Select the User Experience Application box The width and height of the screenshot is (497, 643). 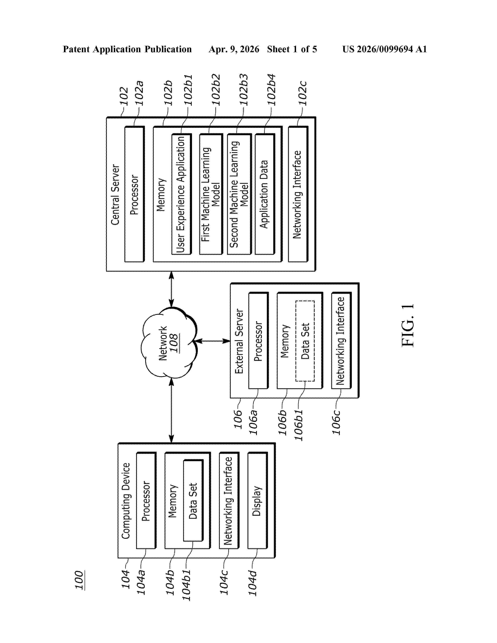coord(181,194)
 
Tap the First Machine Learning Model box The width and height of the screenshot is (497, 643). coord(210,194)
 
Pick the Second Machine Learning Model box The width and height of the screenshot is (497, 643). coord(239,194)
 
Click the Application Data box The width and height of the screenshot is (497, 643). coord(265,194)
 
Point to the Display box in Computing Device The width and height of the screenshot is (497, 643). coord(257,501)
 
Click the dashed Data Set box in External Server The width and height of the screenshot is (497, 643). coord(305,341)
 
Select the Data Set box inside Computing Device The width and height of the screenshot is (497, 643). coord(193,501)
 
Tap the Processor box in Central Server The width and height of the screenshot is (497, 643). coord(134,194)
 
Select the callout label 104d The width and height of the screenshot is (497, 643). coord(252,583)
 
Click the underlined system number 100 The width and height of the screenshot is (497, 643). coord(79,580)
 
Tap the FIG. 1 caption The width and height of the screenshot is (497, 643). coord(408,325)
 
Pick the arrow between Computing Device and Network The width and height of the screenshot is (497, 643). coord(171,410)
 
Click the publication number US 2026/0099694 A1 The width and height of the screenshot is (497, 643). coord(385,49)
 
